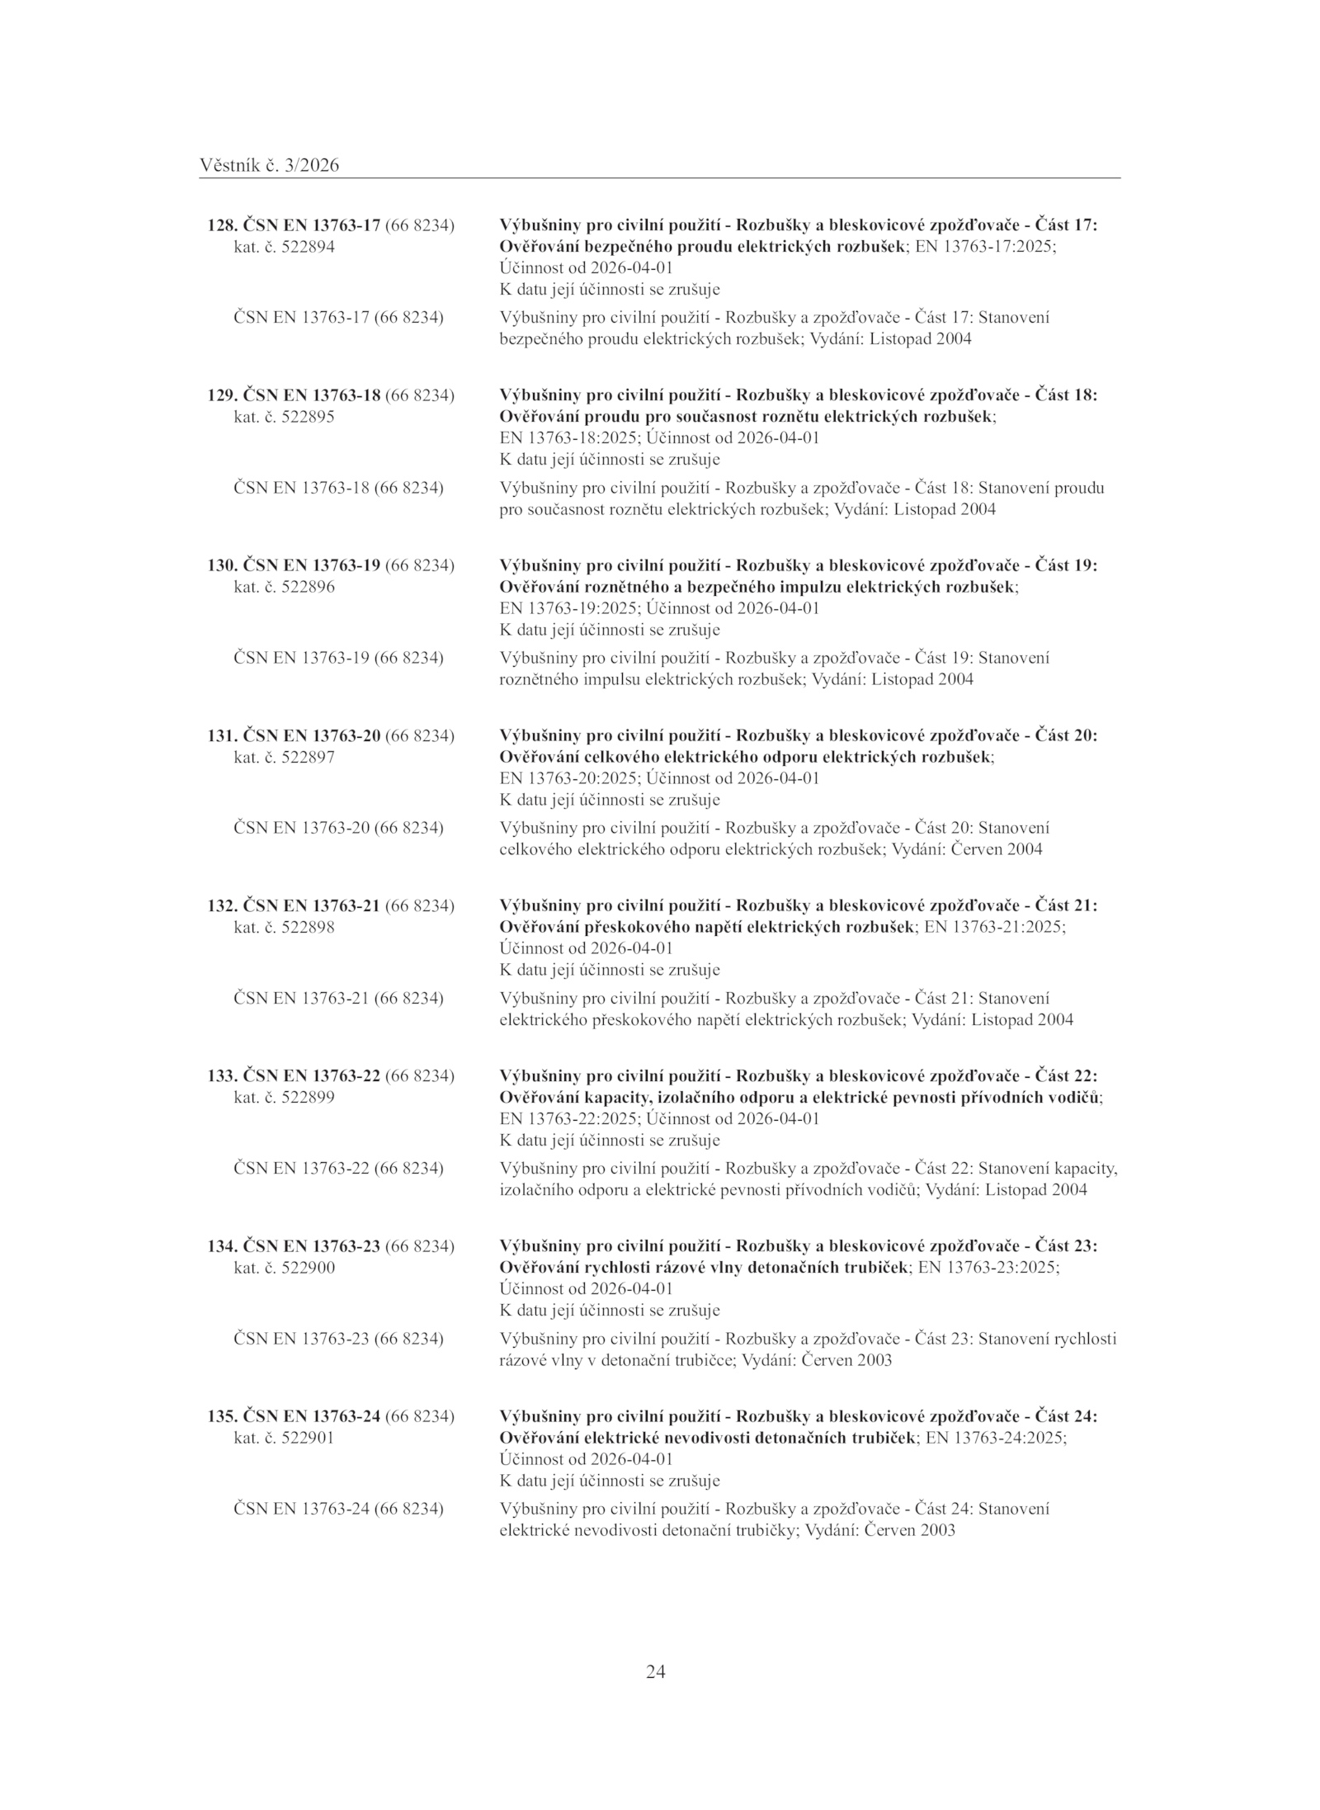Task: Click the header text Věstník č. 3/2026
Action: tap(269, 166)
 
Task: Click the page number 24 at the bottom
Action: tap(655, 1672)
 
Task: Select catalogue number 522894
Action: tap(308, 247)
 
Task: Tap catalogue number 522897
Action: tap(308, 757)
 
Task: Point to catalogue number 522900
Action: tap(308, 1268)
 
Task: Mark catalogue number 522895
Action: tap(308, 417)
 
